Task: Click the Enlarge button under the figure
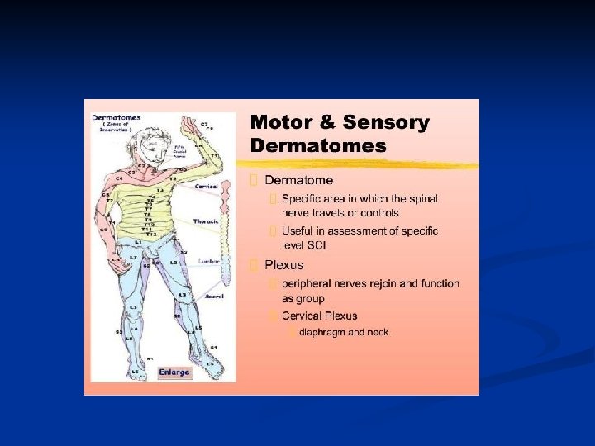pyautogui.click(x=174, y=372)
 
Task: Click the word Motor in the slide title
pyautogui.click(x=282, y=123)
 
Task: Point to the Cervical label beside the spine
pyautogui.click(x=206, y=187)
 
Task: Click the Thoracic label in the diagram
pyautogui.click(x=206, y=221)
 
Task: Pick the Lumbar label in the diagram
pyautogui.click(x=207, y=261)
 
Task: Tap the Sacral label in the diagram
pyautogui.click(x=214, y=296)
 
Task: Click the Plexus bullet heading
pyautogui.click(x=283, y=265)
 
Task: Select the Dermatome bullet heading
pyautogui.click(x=299, y=180)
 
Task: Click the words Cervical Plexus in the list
pyautogui.click(x=319, y=316)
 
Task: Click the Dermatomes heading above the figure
pyautogui.click(x=116, y=117)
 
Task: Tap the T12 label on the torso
pyautogui.click(x=150, y=234)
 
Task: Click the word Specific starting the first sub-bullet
pyautogui.click(x=303, y=198)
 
